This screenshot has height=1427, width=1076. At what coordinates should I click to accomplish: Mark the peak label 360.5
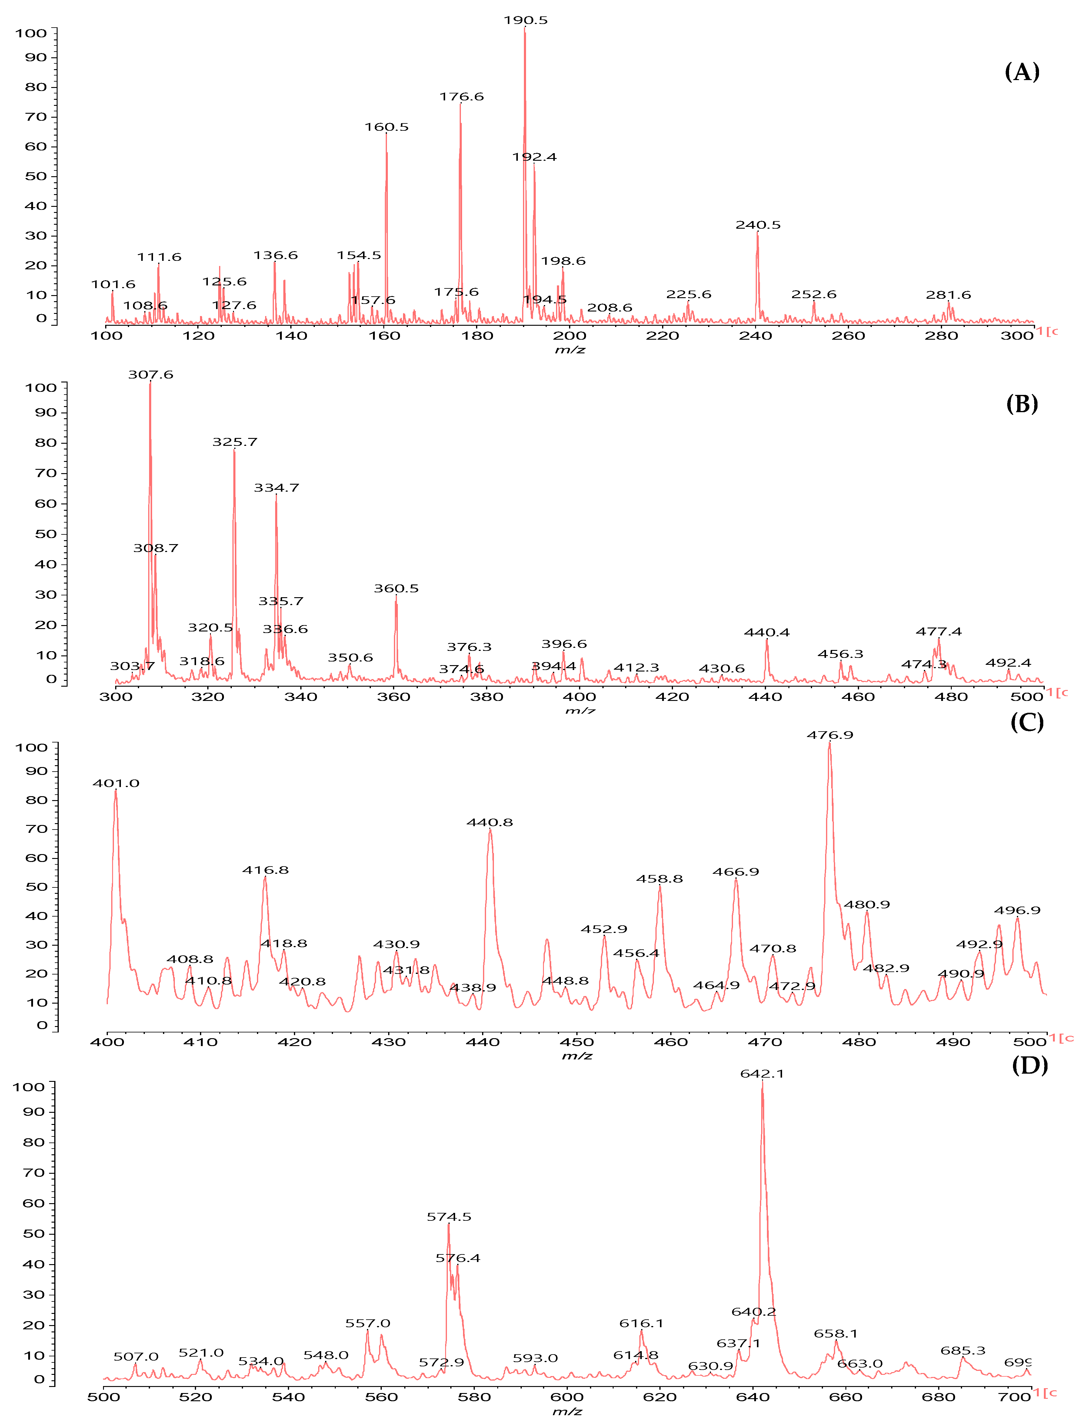[x=396, y=588]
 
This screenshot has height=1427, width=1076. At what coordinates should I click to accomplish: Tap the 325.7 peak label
[x=235, y=442]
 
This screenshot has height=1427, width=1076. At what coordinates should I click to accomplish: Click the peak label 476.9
[x=830, y=735]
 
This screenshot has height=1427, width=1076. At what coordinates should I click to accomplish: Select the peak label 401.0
[x=116, y=783]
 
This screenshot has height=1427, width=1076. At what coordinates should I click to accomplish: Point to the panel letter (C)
[x=1026, y=722]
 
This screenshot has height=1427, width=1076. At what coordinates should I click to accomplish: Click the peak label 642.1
[x=762, y=1073]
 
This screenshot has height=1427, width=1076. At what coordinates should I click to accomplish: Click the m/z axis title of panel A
[x=570, y=350]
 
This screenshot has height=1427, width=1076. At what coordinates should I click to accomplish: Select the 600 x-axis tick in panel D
[x=567, y=1397]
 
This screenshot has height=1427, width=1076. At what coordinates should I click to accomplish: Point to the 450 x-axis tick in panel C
[x=577, y=1042]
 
